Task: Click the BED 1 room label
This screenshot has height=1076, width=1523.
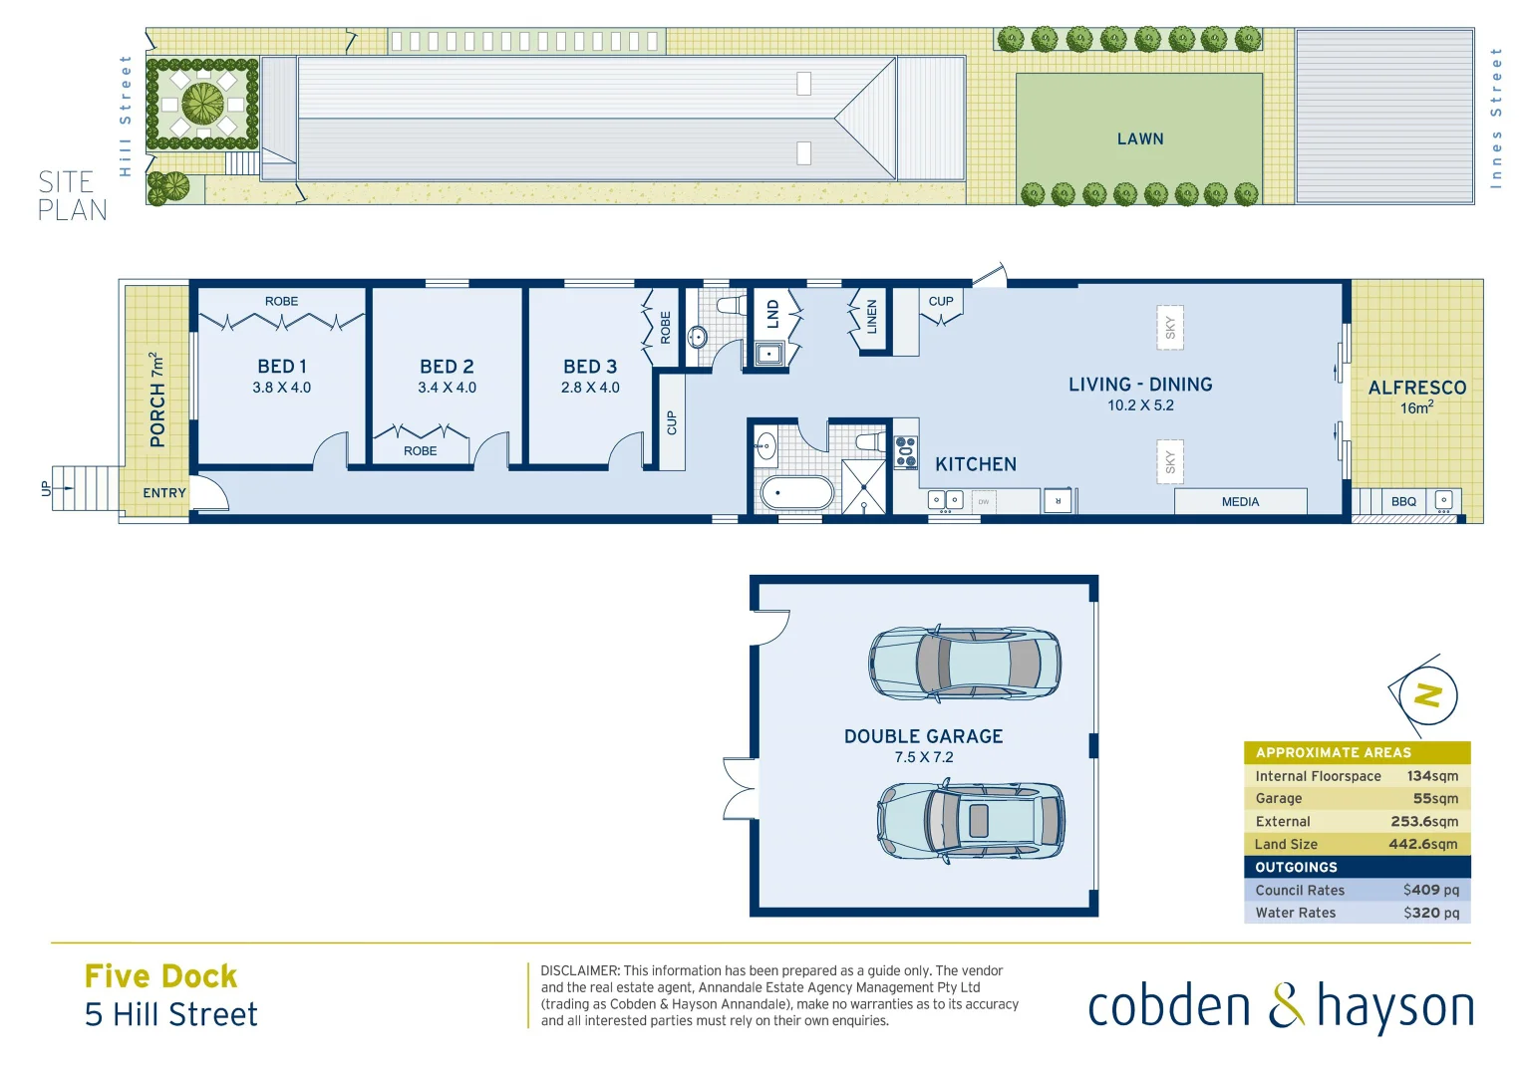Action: click(x=282, y=367)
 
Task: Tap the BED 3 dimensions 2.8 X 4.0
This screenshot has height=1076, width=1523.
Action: click(x=590, y=388)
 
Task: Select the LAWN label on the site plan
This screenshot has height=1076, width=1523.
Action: click(x=1140, y=139)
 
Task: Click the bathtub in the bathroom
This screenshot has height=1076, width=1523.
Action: click(x=796, y=492)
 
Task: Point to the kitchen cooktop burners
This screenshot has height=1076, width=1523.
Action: click(x=906, y=451)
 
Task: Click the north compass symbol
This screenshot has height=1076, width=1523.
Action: click(x=1427, y=695)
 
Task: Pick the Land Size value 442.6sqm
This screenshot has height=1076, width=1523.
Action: click(x=1422, y=844)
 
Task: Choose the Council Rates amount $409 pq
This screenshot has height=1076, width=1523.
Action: click(x=1430, y=890)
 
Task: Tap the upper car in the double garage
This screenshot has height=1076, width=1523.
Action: click(x=964, y=663)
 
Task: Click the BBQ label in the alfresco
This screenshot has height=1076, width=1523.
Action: click(x=1403, y=501)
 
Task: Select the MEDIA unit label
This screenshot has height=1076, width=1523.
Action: click(x=1240, y=502)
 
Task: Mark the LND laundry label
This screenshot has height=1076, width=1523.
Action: click(x=772, y=315)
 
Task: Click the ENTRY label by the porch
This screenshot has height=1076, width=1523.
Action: click(x=164, y=493)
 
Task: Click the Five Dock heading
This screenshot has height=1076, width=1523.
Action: click(x=161, y=976)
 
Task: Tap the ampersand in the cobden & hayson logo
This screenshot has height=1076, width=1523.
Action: click(x=1286, y=1006)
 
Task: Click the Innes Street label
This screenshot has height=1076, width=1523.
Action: click(x=1495, y=118)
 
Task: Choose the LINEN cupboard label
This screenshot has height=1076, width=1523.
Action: click(x=871, y=317)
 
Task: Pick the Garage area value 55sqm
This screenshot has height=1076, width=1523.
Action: click(x=1435, y=798)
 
